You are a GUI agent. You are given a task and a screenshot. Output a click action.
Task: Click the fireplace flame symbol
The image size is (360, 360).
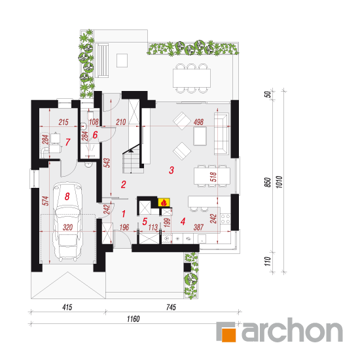164,202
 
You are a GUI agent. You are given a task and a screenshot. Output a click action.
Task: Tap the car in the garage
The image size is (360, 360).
67,221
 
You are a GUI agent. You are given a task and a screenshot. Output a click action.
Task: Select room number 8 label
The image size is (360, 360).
67,196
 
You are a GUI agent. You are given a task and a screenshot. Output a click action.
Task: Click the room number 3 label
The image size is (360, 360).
171,170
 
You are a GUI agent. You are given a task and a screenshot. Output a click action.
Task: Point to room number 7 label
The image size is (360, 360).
67,142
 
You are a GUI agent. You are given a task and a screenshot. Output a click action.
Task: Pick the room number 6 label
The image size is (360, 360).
95,135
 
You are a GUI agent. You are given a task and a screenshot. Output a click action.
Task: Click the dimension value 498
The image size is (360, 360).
198,122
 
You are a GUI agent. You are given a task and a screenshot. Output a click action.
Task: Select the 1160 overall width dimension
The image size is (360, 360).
133,319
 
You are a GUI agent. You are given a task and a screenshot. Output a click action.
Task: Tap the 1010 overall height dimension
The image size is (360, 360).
279,182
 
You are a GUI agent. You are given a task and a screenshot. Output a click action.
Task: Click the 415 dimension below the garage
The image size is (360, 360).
67,307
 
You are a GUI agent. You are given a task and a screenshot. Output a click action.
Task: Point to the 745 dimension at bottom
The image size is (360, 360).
171,307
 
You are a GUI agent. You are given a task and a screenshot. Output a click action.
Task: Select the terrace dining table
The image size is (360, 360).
192,79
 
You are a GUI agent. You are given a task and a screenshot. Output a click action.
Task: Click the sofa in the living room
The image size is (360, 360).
221,134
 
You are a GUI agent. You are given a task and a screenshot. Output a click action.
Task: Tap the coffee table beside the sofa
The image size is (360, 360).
200,136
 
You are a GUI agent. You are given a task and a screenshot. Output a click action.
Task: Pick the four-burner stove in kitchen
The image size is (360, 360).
225,219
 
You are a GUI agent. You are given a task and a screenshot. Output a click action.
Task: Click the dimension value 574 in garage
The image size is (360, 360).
46,201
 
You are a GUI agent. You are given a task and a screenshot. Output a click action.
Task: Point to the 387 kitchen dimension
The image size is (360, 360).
198,228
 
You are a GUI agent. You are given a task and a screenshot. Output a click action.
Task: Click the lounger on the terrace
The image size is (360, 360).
103,61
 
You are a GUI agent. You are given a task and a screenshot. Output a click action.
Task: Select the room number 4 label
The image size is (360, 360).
183,221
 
